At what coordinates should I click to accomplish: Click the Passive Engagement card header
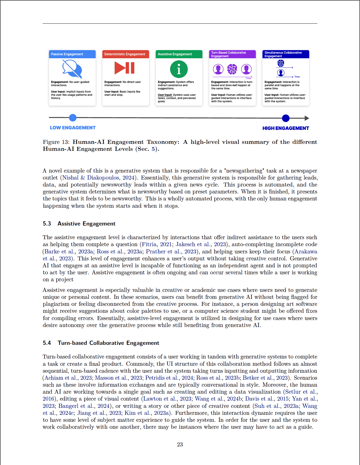72,54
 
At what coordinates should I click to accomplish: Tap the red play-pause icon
125,68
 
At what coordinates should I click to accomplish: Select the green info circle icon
179,69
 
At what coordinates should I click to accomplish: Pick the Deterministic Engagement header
125,54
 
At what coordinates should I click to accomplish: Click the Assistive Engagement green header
179,54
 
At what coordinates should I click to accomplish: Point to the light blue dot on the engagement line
73,118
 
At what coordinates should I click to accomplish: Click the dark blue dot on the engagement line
286,118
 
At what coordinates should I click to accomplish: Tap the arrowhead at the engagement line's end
307,118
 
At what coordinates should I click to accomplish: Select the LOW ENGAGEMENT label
73,128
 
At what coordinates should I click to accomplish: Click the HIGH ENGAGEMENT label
286,128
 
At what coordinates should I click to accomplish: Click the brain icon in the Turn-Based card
232,69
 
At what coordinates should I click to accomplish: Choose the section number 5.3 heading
47,224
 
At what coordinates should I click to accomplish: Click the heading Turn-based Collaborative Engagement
108,343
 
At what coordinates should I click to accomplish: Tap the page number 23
180,444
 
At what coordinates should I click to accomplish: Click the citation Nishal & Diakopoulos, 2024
98,178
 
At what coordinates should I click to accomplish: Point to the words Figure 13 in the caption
56,142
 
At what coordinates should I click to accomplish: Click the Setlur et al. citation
301,392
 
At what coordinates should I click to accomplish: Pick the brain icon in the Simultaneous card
281,63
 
